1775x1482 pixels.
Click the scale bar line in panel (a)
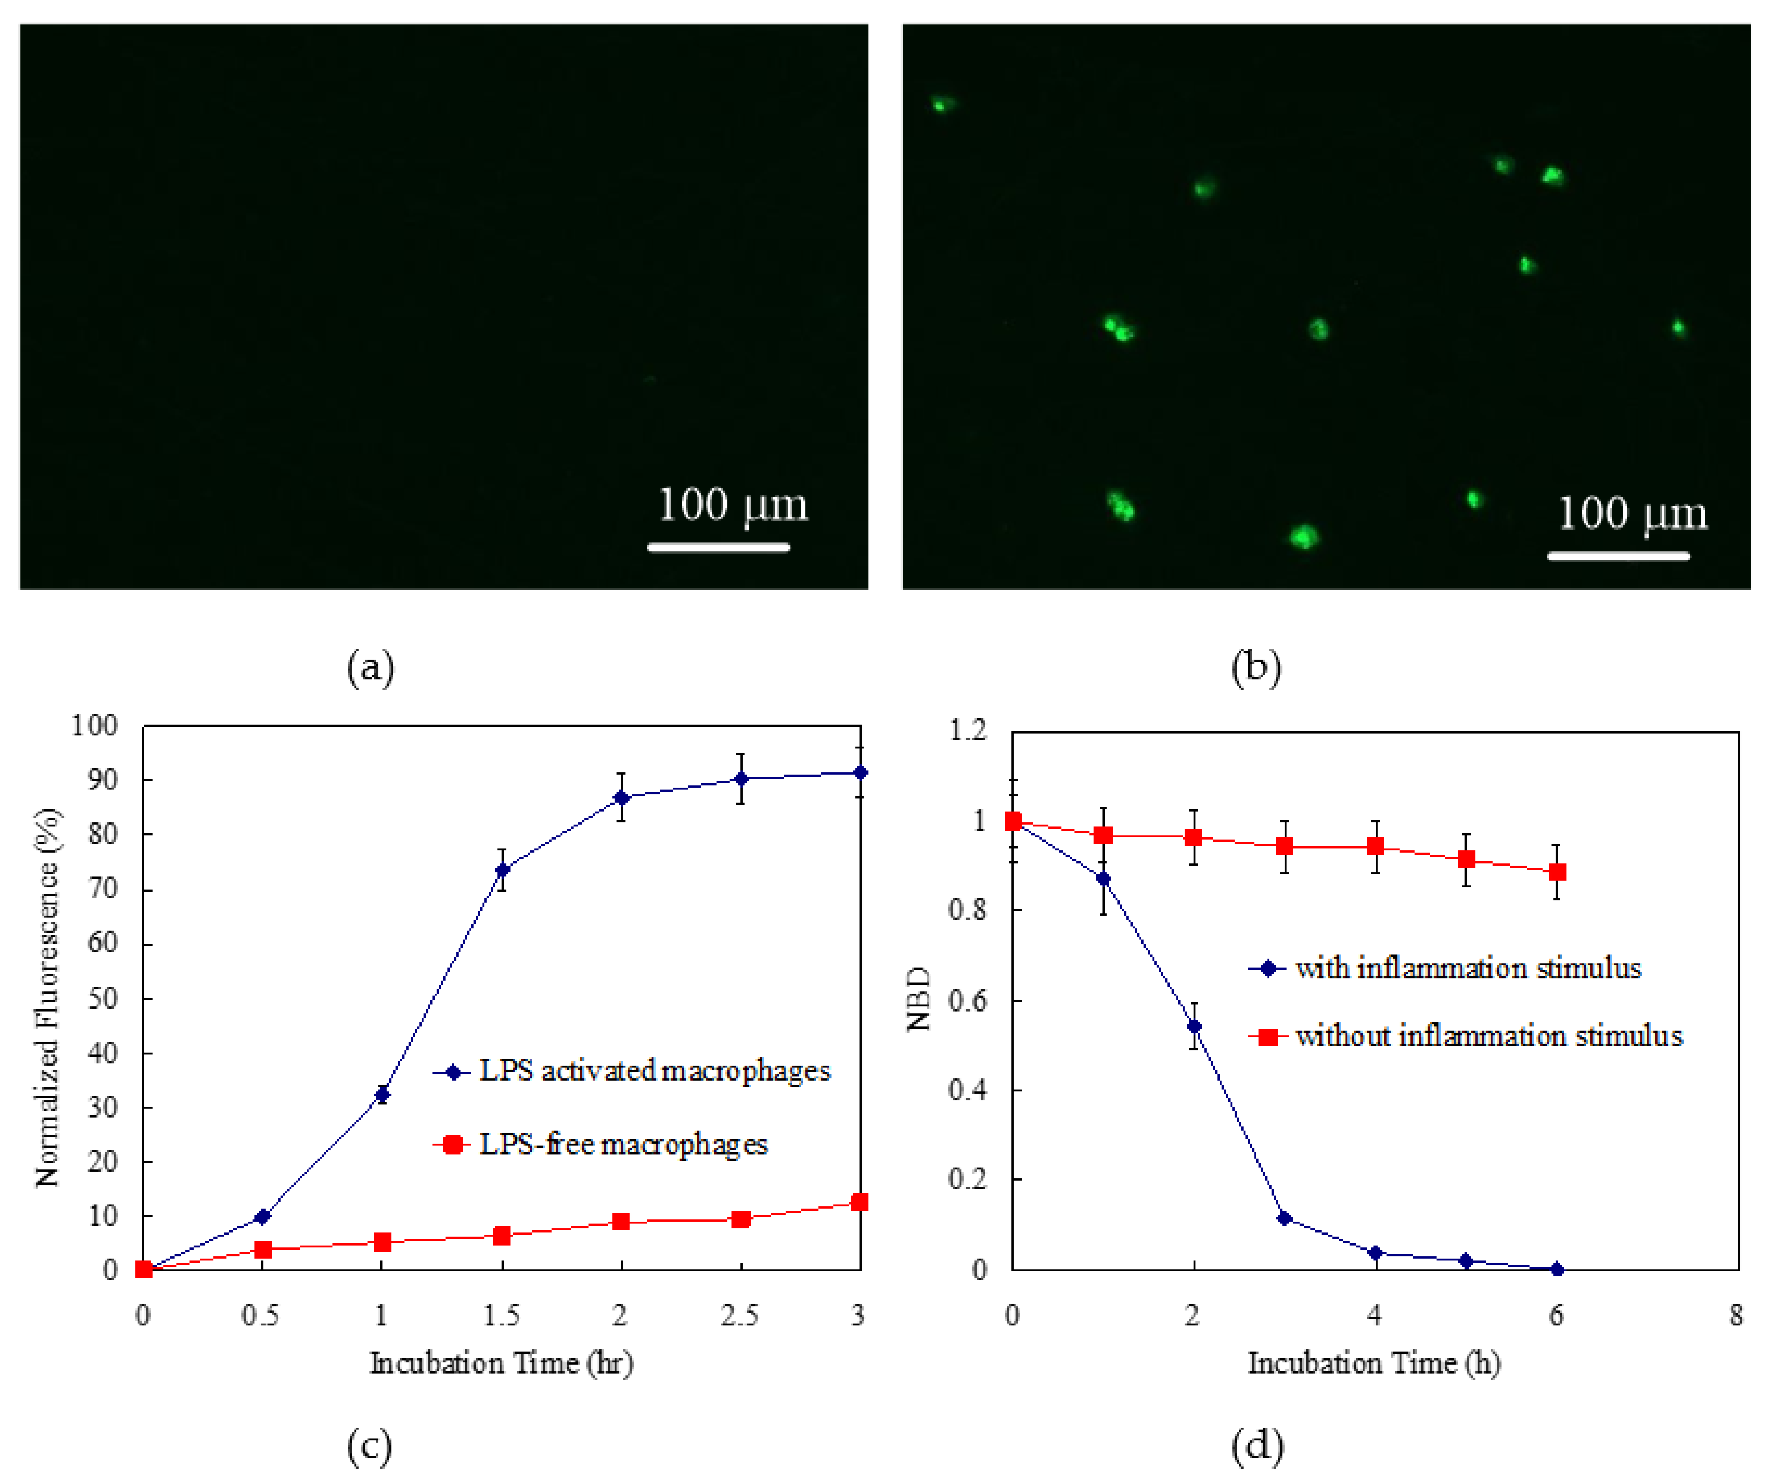(x=718, y=548)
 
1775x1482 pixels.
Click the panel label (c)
(x=369, y=1446)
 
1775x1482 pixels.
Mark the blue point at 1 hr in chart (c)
(x=382, y=1095)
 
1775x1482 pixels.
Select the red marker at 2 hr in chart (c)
(x=621, y=1221)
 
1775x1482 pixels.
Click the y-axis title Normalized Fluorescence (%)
(x=48, y=997)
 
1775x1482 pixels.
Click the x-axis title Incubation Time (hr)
(x=501, y=1363)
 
